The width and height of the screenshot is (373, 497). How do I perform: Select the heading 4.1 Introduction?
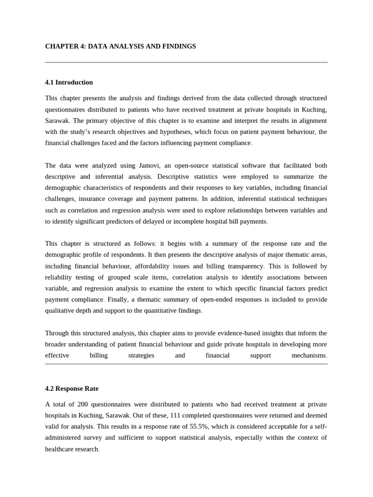69,83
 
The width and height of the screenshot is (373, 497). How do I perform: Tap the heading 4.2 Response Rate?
72,389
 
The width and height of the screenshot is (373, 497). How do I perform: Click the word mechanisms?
309,355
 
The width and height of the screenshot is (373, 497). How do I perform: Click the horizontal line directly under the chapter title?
186,63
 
